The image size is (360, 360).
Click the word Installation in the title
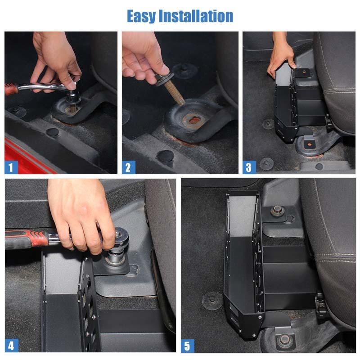click(196, 16)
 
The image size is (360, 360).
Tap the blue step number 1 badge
click(11, 167)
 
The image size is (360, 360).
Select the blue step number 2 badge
click(128, 167)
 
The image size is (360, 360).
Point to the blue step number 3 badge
click(249, 167)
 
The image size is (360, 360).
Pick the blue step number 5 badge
click(188, 346)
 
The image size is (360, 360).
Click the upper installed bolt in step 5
click(277, 211)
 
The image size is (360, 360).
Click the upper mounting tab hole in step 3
click(304, 72)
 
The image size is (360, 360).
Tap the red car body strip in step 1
click(27, 156)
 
